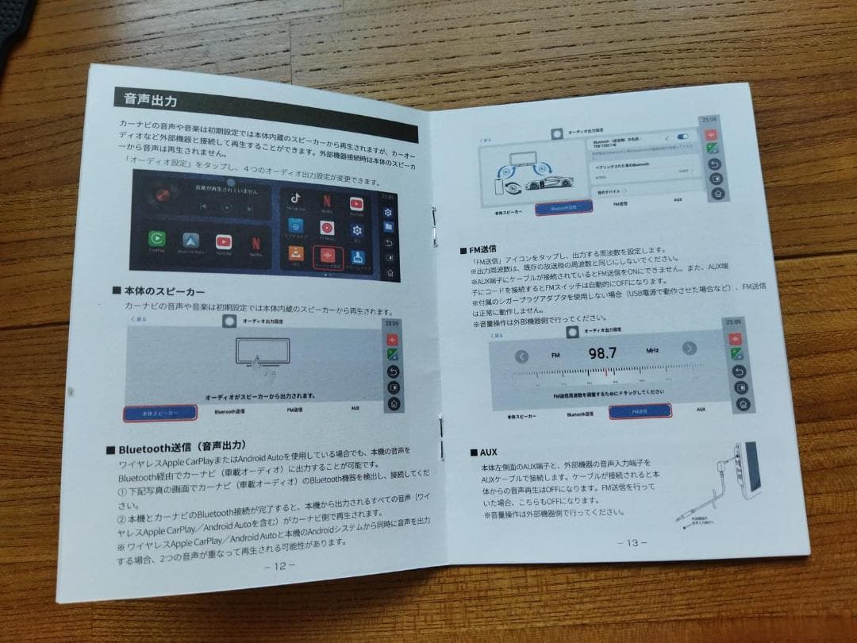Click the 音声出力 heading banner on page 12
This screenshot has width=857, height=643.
click(151, 100)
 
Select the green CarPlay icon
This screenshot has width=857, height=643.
click(157, 237)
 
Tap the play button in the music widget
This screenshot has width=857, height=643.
click(227, 206)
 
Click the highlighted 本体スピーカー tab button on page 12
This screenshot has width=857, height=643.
click(159, 412)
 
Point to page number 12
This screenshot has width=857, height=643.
click(279, 566)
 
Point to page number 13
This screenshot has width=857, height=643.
click(632, 542)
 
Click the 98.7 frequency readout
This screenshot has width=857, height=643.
click(602, 352)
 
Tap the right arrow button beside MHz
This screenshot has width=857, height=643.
click(689, 348)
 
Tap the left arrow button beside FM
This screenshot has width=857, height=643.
click(521, 356)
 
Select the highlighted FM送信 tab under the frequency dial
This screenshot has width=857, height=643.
click(640, 410)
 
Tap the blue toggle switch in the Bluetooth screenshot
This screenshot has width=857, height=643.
click(682, 137)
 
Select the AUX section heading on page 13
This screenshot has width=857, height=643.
click(484, 452)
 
